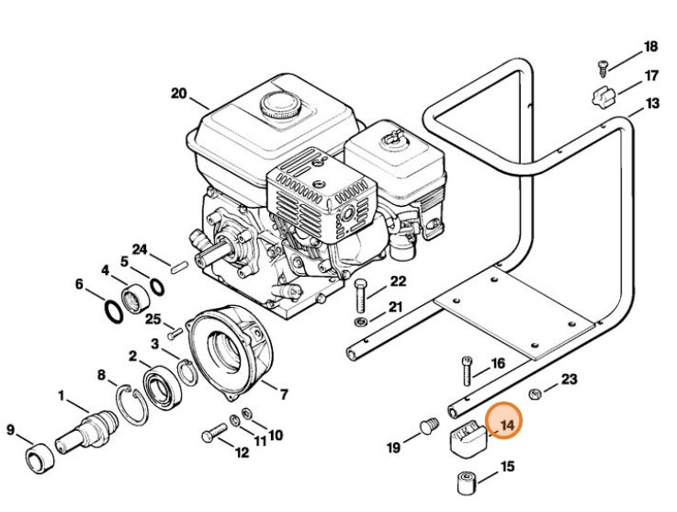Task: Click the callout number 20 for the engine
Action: pyautogui.click(x=178, y=92)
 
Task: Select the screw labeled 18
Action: pyautogui.click(x=604, y=66)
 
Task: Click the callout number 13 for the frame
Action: pyautogui.click(x=651, y=104)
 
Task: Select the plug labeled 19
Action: pyautogui.click(x=426, y=426)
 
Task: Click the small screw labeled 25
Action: pyautogui.click(x=171, y=334)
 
